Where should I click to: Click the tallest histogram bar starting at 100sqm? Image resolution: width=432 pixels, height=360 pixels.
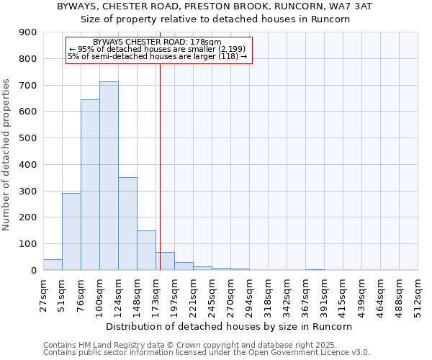click(x=109, y=176)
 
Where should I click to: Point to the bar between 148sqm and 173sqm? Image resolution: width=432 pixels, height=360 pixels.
click(x=146, y=250)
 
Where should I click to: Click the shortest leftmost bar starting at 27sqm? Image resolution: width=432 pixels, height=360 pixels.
click(x=53, y=264)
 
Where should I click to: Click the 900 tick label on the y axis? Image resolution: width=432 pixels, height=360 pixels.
click(x=28, y=32)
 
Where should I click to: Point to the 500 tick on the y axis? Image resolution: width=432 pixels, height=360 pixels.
click(x=28, y=138)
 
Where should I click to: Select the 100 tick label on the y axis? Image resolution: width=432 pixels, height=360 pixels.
click(x=28, y=244)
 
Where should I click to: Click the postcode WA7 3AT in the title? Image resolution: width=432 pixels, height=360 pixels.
click(x=347, y=6)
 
